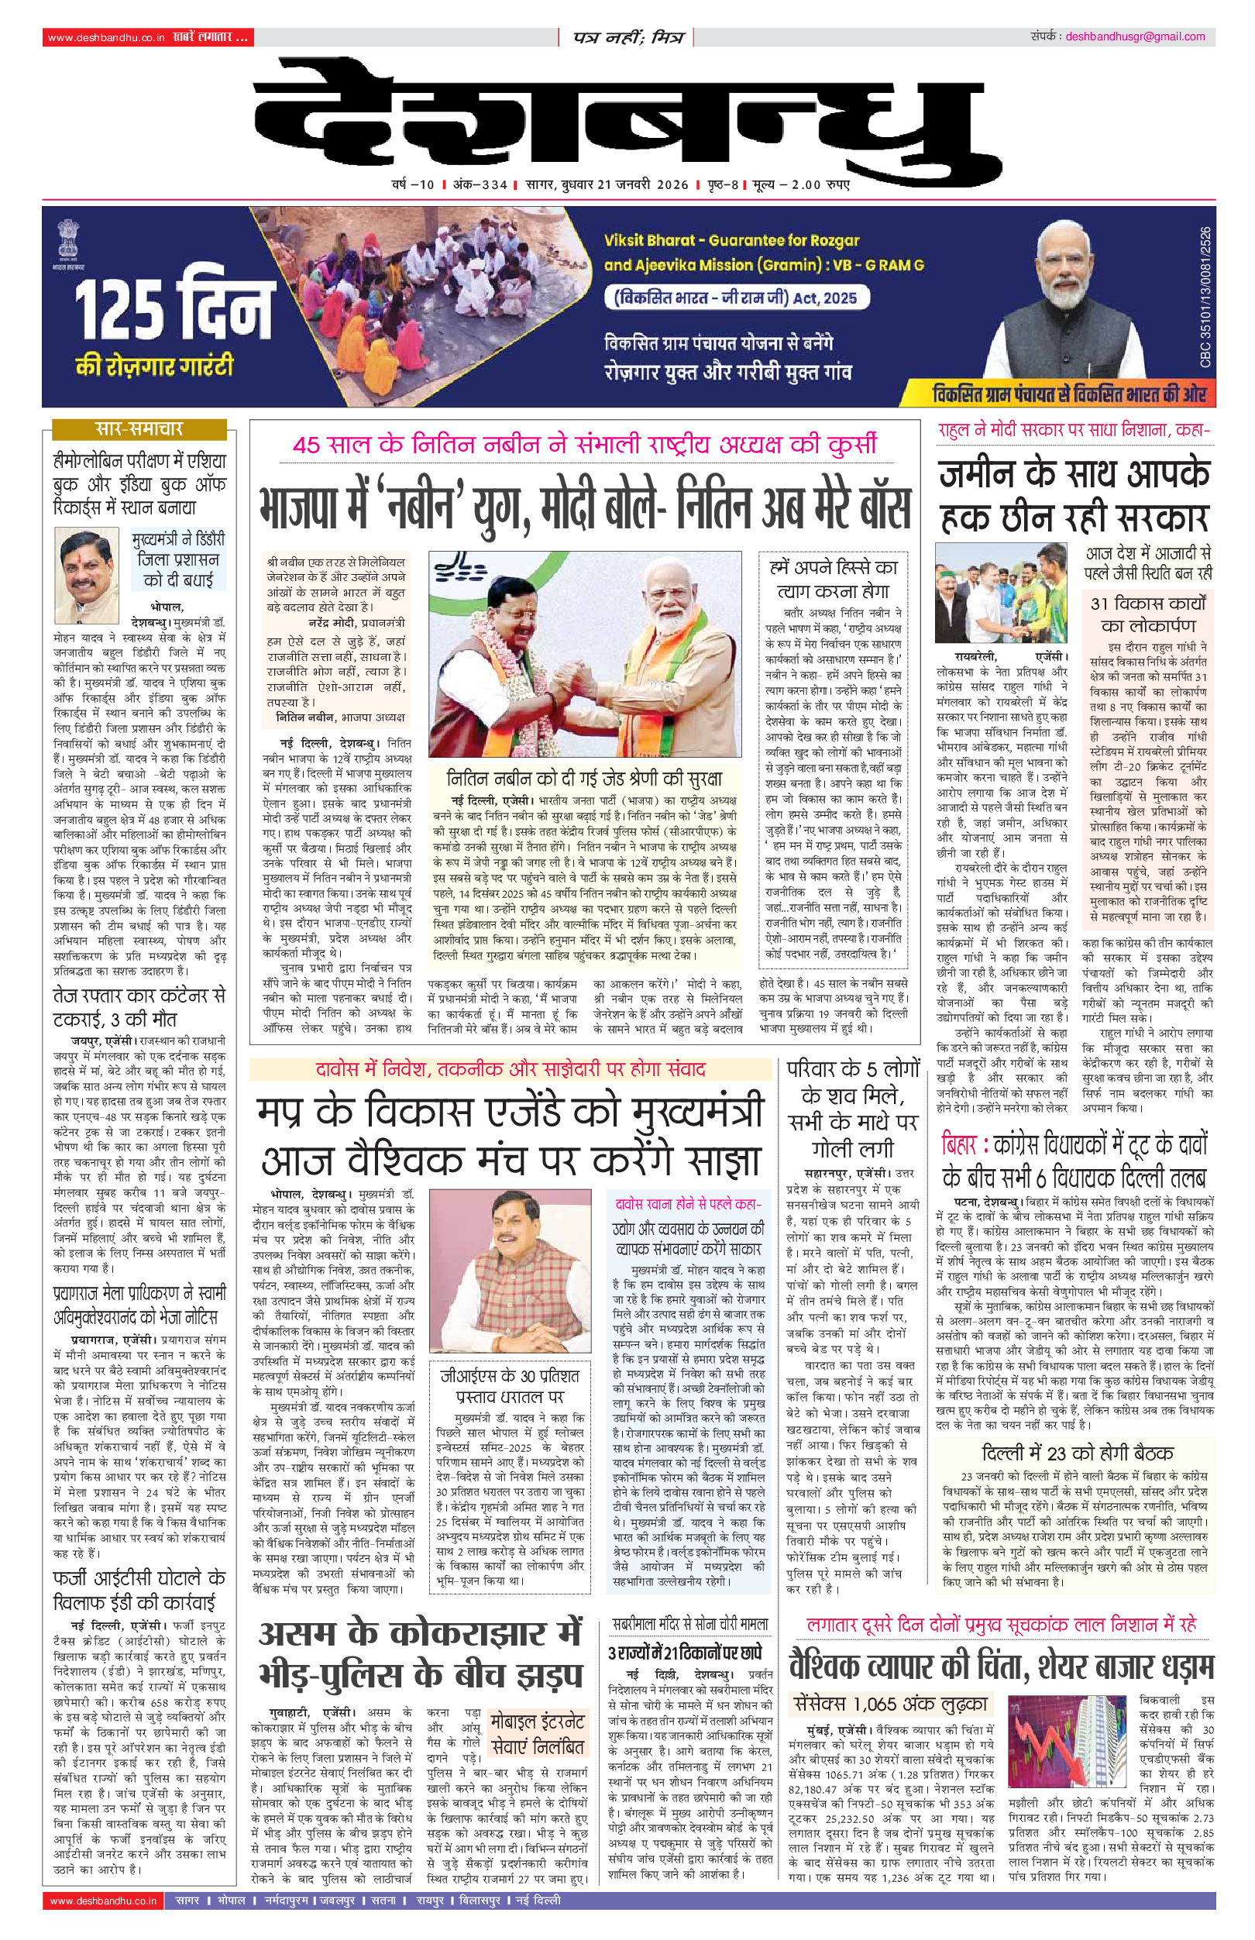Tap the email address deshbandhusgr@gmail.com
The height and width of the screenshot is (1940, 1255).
click(1134, 36)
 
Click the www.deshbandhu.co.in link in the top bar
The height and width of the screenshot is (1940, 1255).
click(106, 37)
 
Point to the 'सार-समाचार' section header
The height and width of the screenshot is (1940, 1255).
click(139, 429)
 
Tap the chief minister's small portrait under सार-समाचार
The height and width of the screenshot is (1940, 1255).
click(88, 566)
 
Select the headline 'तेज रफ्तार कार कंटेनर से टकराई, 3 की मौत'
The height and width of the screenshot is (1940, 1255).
click(139, 1007)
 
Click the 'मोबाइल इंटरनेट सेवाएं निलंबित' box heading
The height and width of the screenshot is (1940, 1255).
click(537, 1733)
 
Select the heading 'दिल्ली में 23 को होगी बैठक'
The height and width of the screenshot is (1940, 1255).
click(1077, 1453)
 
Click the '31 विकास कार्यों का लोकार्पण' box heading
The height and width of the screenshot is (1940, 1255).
click(1147, 614)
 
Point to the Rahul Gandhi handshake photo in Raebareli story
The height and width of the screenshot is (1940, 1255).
click(1001, 594)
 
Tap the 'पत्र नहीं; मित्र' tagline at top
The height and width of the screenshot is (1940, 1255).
click(627, 37)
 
